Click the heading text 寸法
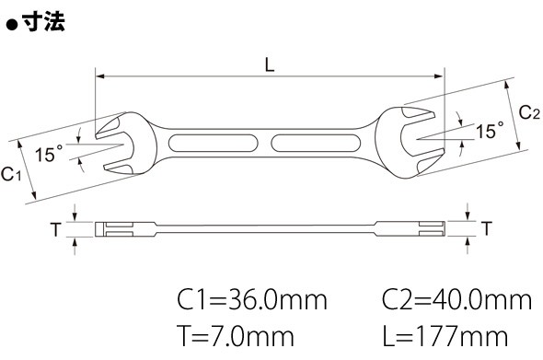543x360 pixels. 43,22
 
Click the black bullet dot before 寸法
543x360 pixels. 12,25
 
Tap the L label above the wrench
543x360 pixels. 270,64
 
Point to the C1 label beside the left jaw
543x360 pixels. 11,174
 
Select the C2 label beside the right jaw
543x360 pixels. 529,112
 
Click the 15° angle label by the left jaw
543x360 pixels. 49,154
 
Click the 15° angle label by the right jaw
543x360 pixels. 490,131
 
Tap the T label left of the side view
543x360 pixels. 56,229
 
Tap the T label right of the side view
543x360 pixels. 487,228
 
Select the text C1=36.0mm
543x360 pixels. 252,300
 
